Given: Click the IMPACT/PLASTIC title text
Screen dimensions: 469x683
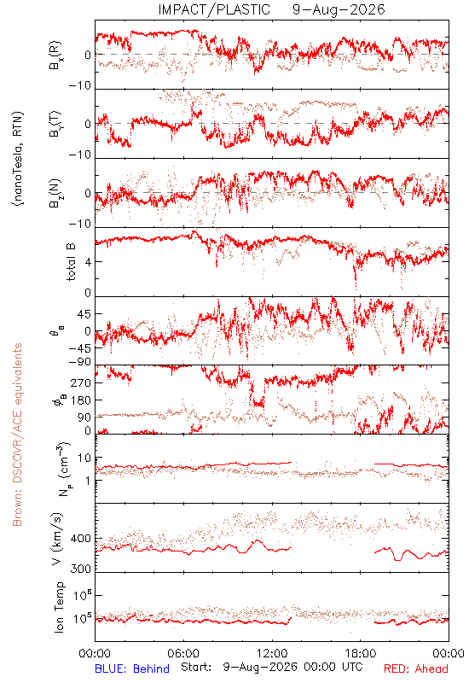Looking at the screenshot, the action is [214, 9].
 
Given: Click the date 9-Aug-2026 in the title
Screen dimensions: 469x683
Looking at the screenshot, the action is [339, 9].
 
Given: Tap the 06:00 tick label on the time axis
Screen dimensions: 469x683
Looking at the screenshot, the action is [183, 653].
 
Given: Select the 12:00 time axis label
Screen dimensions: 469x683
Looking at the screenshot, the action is [272, 653].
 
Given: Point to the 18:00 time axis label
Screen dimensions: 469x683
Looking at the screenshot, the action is [361, 653].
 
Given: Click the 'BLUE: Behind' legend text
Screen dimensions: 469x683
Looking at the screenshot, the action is [132, 668].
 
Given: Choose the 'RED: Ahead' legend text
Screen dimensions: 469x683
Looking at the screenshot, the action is [416, 668].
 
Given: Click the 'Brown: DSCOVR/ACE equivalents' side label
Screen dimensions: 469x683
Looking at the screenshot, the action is [17, 435].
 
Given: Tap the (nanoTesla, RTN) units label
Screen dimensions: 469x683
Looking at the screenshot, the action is [18, 159].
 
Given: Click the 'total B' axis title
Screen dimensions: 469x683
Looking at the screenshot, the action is [71, 262].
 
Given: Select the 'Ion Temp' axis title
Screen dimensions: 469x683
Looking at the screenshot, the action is [60, 607].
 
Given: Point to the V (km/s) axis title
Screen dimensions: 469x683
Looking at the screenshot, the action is [57, 540].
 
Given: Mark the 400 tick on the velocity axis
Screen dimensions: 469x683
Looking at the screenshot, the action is [81, 539].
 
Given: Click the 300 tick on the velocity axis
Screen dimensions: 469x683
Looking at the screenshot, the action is [81, 569].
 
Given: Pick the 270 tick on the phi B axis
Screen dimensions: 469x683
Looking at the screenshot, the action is [81, 382].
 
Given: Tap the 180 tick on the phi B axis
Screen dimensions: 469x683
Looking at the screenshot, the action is [81, 400].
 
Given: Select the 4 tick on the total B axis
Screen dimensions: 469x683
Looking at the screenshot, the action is [89, 262].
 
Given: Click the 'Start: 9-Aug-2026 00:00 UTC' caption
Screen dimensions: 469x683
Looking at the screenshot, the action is [272, 668].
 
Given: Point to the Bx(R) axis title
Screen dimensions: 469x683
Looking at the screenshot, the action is [55, 55].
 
